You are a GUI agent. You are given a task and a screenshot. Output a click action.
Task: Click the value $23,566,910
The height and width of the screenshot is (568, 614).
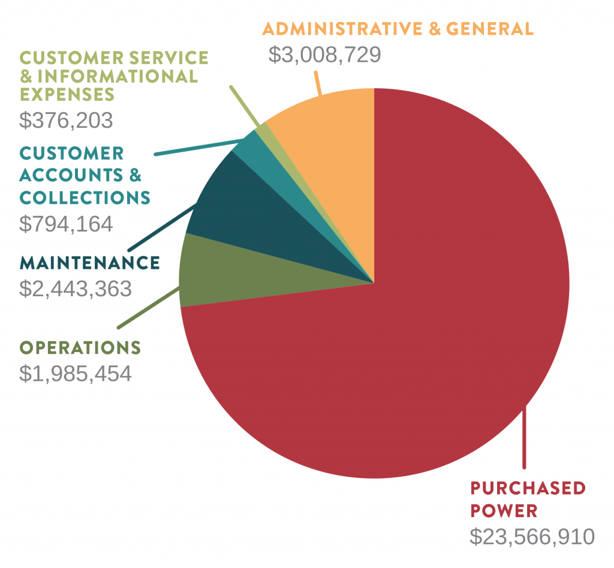pyautogui.click(x=531, y=536)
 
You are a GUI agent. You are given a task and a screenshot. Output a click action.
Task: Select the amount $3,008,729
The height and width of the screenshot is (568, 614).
pyautogui.click(x=324, y=55)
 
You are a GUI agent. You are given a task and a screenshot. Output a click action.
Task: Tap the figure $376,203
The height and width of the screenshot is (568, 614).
pyautogui.click(x=66, y=121)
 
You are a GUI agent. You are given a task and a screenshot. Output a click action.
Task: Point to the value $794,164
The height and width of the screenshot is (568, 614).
pyautogui.click(x=66, y=224)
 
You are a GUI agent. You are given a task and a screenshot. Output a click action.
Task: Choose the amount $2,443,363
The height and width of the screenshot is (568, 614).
pyautogui.click(x=76, y=288)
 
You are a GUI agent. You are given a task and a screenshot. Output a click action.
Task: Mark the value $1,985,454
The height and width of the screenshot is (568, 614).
pyautogui.click(x=76, y=374)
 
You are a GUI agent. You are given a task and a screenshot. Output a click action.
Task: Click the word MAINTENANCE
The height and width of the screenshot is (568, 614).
pyautogui.click(x=90, y=263)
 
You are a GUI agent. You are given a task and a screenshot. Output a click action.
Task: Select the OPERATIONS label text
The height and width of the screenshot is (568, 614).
pyautogui.click(x=80, y=348)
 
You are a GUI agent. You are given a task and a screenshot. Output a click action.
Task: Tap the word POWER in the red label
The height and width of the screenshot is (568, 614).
pyautogui.click(x=504, y=511)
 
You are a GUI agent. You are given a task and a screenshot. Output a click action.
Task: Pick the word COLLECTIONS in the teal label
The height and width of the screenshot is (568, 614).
pyautogui.click(x=85, y=197)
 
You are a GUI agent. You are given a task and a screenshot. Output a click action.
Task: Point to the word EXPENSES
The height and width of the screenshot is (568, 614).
pyautogui.click(x=67, y=95)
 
